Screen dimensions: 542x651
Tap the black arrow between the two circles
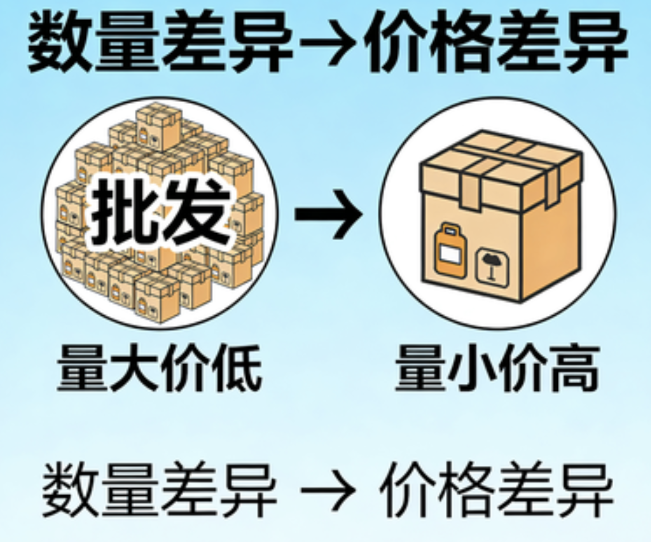(328, 213)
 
